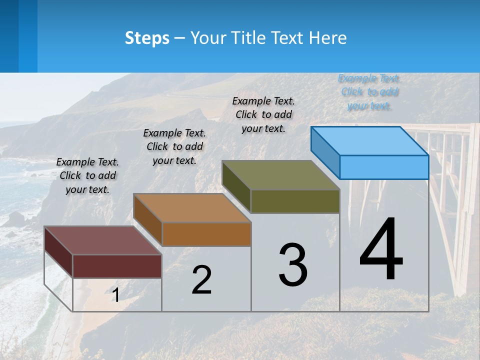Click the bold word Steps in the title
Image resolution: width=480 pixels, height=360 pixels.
[147, 38]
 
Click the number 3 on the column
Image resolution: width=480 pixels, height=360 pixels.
[293, 265]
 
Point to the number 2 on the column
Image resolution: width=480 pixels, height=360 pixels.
[201, 280]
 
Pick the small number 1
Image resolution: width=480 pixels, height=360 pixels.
[115, 295]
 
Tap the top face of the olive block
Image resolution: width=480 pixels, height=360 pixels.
[281, 174]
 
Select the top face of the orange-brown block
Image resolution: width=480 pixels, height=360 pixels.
[192, 207]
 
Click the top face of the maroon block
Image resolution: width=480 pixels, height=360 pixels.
[103, 240]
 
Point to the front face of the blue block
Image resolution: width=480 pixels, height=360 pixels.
[384, 167]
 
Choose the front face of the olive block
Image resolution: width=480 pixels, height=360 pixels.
[295, 201]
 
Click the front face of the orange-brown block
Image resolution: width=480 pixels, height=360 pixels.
[206, 234]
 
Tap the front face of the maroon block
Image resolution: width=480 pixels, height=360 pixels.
[117, 266]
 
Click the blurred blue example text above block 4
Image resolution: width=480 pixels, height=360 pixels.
[369, 92]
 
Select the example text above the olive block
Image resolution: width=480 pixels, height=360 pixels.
[263, 114]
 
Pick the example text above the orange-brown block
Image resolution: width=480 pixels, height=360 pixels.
[174, 146]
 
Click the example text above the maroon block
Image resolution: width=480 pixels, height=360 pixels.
[87, 175]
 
